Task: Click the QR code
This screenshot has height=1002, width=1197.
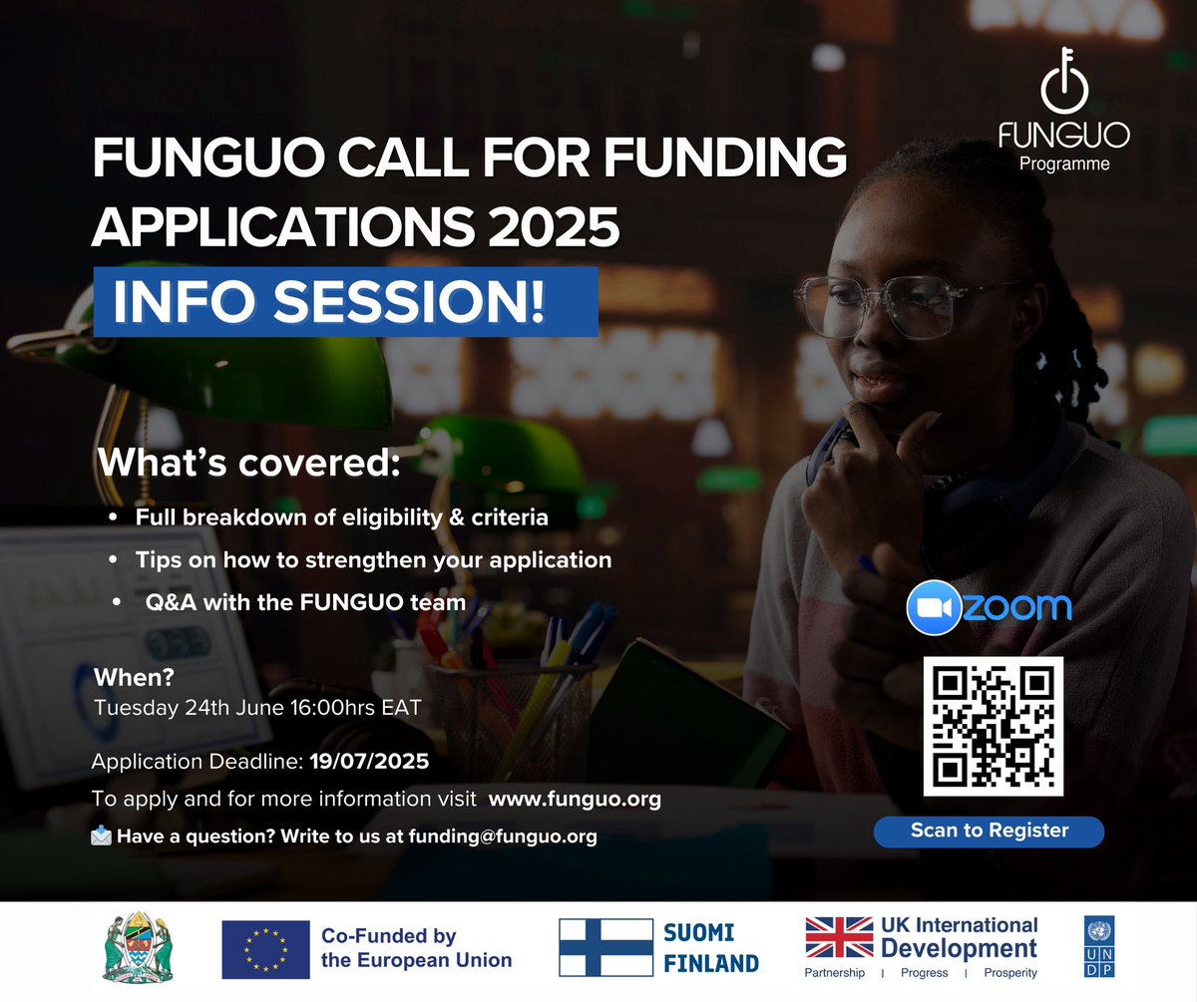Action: pyautogui.click(x=993, y=726)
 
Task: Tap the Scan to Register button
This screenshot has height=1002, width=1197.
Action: pyautogui.click(x=990, y=831)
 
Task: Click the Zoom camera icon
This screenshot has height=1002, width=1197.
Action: pyautogui.click(x=933, y=606)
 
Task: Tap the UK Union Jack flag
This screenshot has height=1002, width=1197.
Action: pyautogui.click(x=838, y=938)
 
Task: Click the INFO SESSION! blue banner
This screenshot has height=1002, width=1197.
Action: pyautogui.click(x=345, y=302)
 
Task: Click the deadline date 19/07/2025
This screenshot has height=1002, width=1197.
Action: pyautogui.click(x=369, y=763)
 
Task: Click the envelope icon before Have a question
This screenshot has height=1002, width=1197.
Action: pyautogui.click(x=101, y=836)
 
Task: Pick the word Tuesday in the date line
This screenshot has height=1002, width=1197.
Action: pyautogui.click(x=130, y=709)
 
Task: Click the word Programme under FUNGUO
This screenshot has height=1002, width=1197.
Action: pyautogui.click(x=1064, y=164)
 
